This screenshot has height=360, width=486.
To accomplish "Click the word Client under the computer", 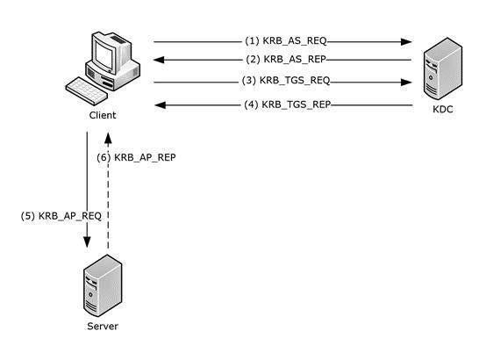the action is click(x=103, y=115).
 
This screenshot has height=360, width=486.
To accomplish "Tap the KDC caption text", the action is click(x=443, y=109).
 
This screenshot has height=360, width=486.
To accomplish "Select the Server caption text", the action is click(x=103, y=326).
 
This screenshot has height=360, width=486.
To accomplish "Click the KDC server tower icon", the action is click(x=443, y=68).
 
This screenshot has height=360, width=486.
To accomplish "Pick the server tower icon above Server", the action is click(x=103, y=285).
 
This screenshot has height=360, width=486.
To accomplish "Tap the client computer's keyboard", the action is click(x=87, y=91).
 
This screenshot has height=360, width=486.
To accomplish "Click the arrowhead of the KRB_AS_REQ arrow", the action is click(x=406, y=41).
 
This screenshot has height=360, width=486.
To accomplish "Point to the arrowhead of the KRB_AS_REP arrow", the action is click(x=159, y=60).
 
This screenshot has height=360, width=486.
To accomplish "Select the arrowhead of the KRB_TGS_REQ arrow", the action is click(x=406, y=83).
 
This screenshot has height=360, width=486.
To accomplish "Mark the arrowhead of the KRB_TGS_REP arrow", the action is click(x=161, y=105).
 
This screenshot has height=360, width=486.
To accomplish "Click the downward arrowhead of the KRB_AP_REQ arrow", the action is click(x=87, y=242).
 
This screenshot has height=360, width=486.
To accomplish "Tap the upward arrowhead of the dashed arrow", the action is click(x=108, y=138).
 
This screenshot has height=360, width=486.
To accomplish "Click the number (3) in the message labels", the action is click(x=249, y=81).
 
